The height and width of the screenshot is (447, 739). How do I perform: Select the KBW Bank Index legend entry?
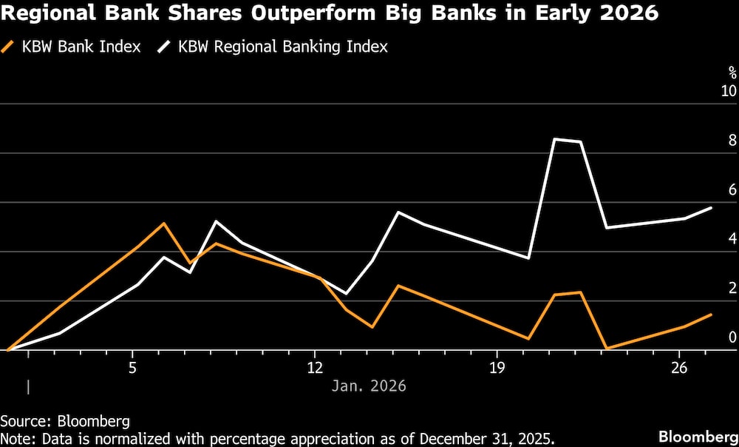pyautogui.click(x=81, y=47)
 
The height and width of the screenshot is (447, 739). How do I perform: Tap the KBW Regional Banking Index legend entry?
pyautogui.click(x=282, y=47)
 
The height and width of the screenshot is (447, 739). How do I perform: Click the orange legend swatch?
pyautogui.click(x=11, y=47)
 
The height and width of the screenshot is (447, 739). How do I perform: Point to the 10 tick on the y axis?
pyautogui.click(x=729, y=91)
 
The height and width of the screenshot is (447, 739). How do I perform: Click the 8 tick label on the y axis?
pyautogui.click(x=732, y=140)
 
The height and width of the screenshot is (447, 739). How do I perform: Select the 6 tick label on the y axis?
pyautogui.click(x=732, y=189)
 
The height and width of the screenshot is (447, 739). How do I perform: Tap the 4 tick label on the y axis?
pyautogui.click(x=732, y=238)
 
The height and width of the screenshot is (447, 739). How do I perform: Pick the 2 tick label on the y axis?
pyautogui.click(x=732, y=288)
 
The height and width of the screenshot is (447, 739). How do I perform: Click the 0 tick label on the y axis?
pyautogui.click(x=732, y=337)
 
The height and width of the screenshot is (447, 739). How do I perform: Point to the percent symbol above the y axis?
pyautogui.click(x=732, y=73)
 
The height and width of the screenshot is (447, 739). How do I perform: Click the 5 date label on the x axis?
pyautogui.click(x=132, y=368)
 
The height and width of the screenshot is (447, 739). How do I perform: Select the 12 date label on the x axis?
pyautogui.click(x=316, y=368)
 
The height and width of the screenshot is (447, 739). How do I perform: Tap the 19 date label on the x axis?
pyautogui.click(x=497, y=368)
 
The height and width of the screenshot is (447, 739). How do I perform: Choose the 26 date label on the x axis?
pyautogui.click(x=679, y=368)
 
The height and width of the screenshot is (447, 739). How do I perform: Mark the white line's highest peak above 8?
pyautogui.click(x=554, y=139)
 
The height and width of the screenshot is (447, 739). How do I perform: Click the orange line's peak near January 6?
pyautogui.click(x=164, y=223)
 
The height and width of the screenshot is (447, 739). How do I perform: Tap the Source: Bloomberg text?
pyautogui.click(x=65, y=421)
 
